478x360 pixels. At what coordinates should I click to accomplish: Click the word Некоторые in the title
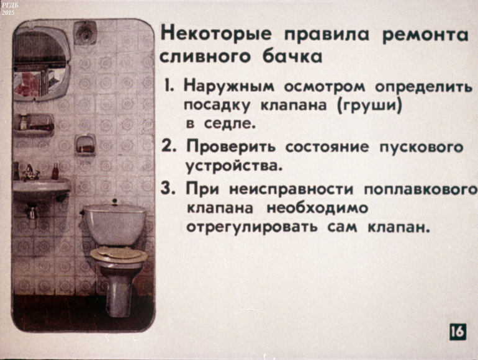pyautogui.click(x=215, y=34)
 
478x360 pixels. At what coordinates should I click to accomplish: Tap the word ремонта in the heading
pyautogui.click(x=425, y=35)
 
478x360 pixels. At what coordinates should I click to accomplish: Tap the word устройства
pyautogui.click(x=233, y=166)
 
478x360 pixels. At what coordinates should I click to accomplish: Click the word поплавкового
pyautogui.click(x=421, y=190)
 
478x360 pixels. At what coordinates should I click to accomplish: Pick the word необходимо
pyautogui.click(x=317, y=209)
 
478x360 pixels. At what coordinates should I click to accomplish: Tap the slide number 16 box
pyautogui.click(x=458, y=331)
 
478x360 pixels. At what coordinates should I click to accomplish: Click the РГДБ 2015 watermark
pyautogui.click(x=7, y=9)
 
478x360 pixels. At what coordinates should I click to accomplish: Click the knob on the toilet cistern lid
pyautogui.click(x=115, y=202)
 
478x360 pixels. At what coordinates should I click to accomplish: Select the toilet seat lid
pyautogui.click(x=119, y=254)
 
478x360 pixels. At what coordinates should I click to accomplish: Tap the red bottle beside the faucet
pyautogui.click(x=55, y=171)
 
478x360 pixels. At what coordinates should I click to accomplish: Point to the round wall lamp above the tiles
pyautogui.click(x=85, y=32)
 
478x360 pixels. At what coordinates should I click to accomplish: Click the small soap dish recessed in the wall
pyautogui.click(x=86, y=145)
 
